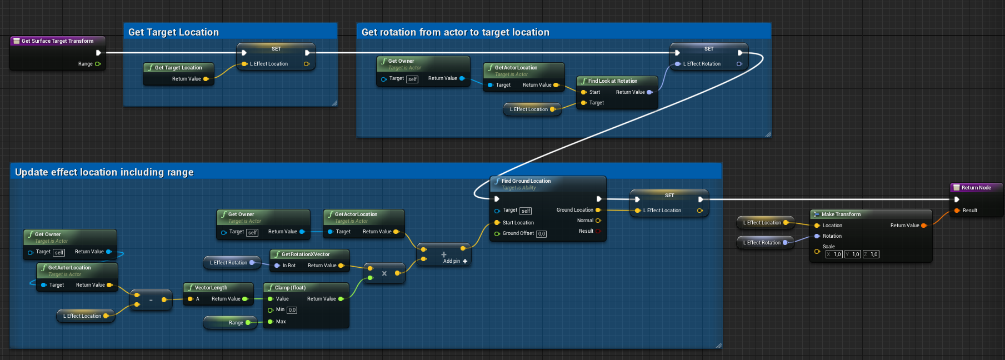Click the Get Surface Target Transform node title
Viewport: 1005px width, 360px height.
coord(57,41)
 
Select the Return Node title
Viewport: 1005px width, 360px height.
coord(976,188)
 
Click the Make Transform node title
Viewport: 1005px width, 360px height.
coord(841,214)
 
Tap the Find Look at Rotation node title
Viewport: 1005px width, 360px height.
coord(613,81)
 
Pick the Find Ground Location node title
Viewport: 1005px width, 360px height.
coord(526,181)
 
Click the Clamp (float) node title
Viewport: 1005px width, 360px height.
coord(290,288)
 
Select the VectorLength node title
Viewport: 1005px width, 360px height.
coord(211,288)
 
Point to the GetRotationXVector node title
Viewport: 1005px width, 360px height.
coord(306,254)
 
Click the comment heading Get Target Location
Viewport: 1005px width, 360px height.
coord(173,32)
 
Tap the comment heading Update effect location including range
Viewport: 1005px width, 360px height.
coord(104,172)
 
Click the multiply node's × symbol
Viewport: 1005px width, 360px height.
coord(384,273)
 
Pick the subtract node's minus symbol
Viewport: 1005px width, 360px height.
coord(151,300)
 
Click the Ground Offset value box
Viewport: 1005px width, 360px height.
coord(541,234)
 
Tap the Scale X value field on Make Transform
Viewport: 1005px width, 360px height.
coord(834,254)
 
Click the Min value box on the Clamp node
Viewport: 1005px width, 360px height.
coord(292,310)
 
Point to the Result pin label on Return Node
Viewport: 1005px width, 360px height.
coord(970,211)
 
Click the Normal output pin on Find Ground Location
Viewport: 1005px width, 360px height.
coord(598,221)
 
